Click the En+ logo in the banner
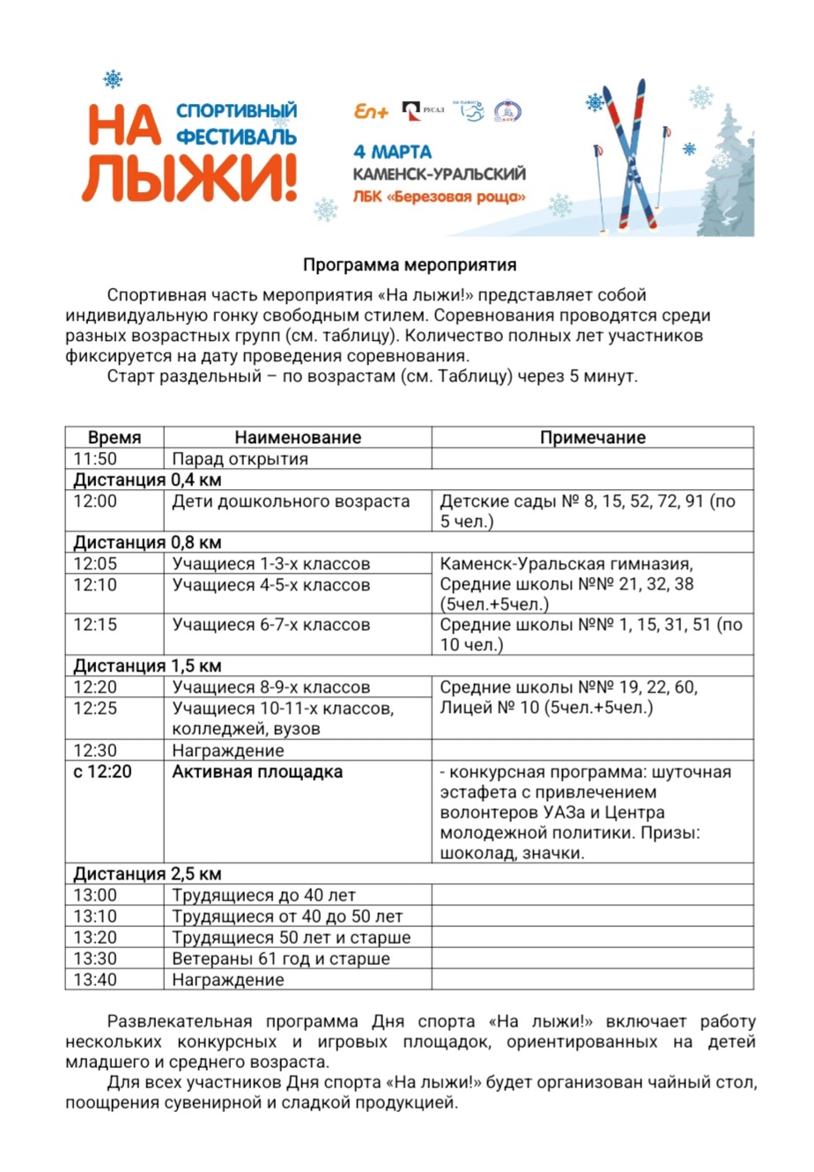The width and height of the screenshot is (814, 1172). pyautogui.click(x=371, y=112)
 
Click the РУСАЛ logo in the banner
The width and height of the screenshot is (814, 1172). pyautogui.click(x=423, y=111)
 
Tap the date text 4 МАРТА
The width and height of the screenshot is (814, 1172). pyautogui.click(x=392, y=151)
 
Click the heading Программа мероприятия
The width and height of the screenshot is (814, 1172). pyautogui.click(x=410, y=264)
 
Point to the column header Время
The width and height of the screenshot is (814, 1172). pyautogui.click(x=115, y=437)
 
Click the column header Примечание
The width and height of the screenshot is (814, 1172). pyautogui.click(x=592, y=437)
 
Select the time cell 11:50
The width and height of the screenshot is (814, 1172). pyautogui.click(x=95, y=458)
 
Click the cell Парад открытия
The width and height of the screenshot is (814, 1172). pyautogui.click(x=240, y=458)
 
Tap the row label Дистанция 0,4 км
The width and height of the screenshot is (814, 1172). pyautogui.click(x=147, y=479)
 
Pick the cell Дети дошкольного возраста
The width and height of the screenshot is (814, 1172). pyautogui.click(x=291, y=501)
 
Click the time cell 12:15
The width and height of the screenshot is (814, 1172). pyautogui.click(x=95, y=625)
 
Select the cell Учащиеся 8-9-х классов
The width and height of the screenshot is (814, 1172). pyautogui.click(x=270, y=687)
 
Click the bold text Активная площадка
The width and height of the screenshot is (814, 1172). pyautogui.click(x=257, y=772)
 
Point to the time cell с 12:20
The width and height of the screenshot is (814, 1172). pyautogui.click(x=102, y=772)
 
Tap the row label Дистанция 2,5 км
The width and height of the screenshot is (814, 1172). pyautogui.click(x=147, y=874)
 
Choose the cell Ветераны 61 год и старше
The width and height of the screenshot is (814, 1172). pyautogui.click(x=281, y=959)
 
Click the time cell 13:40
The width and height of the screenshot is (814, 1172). pyautogui.click(x=95, y=980)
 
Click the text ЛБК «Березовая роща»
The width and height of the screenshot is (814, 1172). pyautogui.click(x=439, y=196)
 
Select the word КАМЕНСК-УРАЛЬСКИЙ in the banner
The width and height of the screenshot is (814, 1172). pyautogui.click(x=439, y=174)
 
